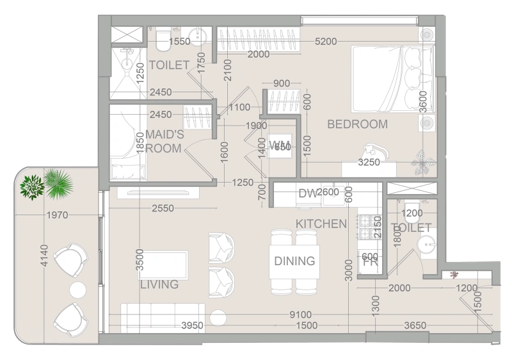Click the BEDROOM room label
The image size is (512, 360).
point(357,124)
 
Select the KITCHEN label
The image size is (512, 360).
point(321,224)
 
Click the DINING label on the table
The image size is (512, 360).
point(294,261)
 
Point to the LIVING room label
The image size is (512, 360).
point(159,284)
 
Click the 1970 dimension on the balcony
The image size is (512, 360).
point(57,215)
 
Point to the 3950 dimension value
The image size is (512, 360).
point(191,325)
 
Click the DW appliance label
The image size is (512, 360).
point(306,193)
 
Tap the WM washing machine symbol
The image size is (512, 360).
point(280,145)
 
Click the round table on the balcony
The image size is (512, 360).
point(77,290)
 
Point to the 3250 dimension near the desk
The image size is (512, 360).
point(369,163)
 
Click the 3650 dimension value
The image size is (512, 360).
point(416,325)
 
